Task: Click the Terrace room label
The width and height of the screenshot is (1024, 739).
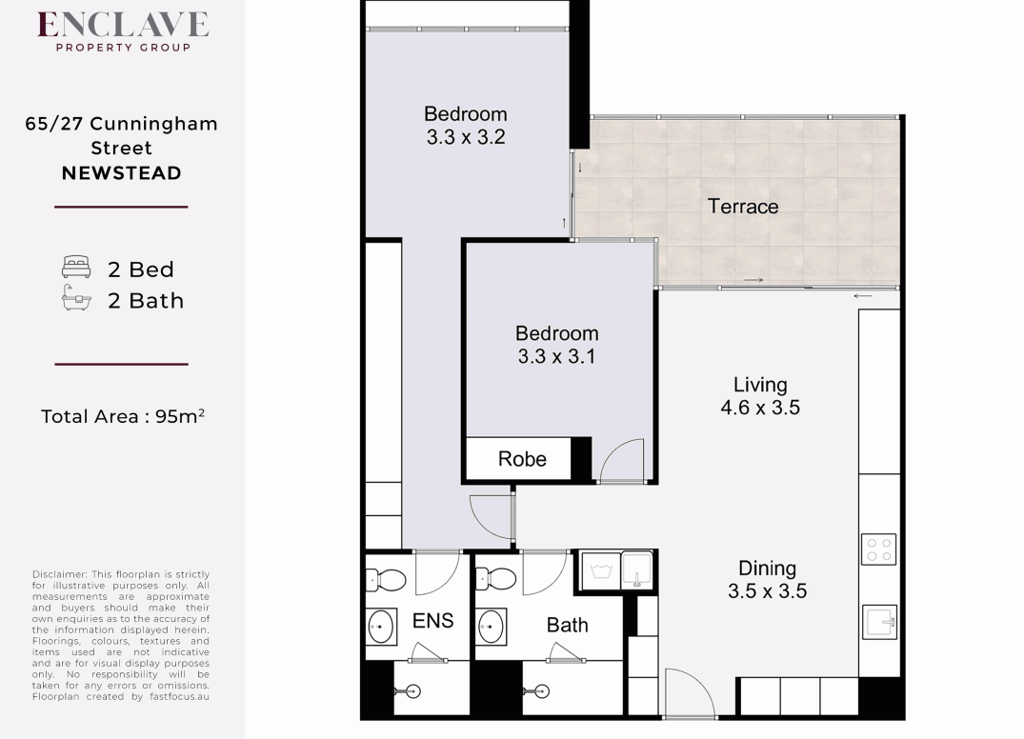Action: coord(743,207)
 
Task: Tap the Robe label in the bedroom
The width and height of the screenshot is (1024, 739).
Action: coord(522,459)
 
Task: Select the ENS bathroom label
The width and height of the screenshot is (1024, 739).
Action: coord(432,621)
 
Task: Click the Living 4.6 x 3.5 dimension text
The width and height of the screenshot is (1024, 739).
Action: coord(760,408)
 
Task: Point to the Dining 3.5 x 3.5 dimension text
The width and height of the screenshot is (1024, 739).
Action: coord(767,590)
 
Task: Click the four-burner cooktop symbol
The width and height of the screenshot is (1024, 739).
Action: coord(878,549)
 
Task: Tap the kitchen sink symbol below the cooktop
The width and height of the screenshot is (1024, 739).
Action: coord(878,621)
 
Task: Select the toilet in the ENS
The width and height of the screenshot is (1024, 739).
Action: coord(387,578)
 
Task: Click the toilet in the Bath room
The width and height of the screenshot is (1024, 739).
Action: coord(495,578)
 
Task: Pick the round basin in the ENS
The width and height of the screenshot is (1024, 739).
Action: coord(382,627)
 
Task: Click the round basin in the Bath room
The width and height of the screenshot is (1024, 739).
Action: coord(492,627)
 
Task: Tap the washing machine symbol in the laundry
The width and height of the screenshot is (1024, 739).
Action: coord(600,569)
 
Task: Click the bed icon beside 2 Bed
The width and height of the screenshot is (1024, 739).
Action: coord(76,268)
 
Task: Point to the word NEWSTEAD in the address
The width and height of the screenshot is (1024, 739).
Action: coord(121,173)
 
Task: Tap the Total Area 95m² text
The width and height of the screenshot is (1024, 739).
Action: coord(123,416)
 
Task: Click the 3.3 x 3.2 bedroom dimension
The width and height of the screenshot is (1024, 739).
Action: coord(466,136)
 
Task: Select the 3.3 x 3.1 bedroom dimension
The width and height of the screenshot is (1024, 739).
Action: coord(557,356)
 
